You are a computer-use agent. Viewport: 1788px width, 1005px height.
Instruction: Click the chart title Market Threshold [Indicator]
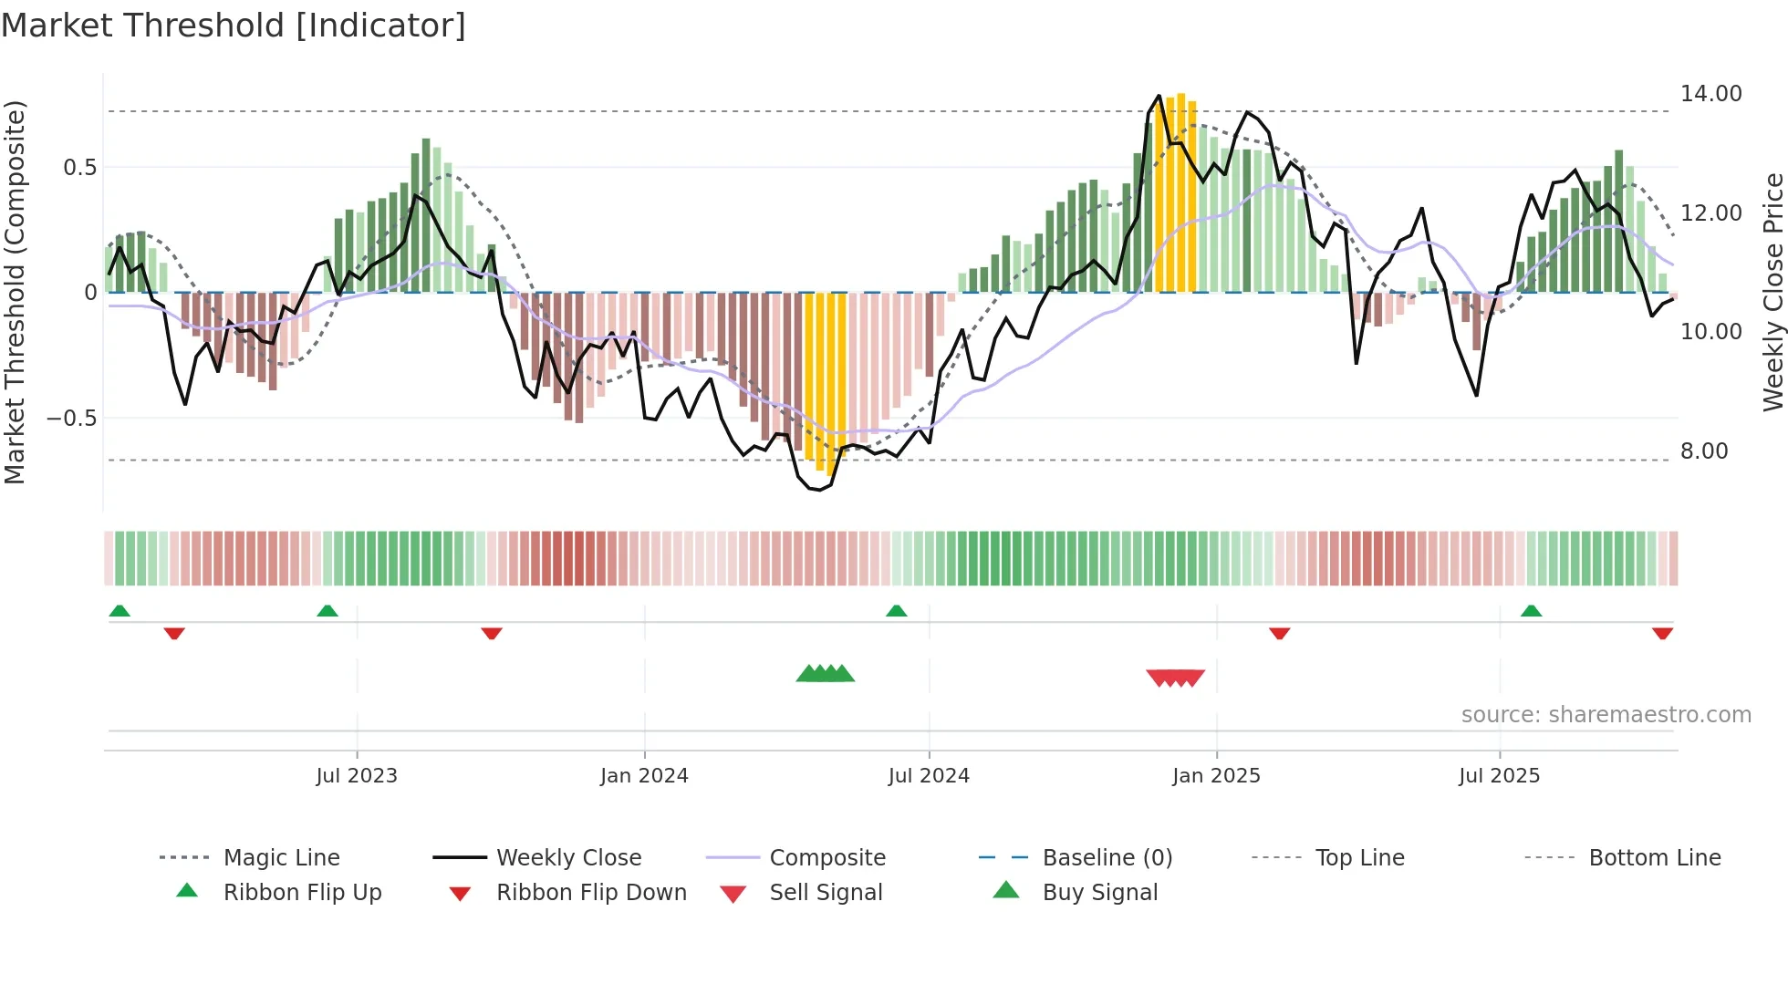coord(234,26)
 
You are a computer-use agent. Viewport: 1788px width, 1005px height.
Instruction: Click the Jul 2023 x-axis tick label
coord(357,776)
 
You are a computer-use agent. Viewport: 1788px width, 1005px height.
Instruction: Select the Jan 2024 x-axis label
coord(644,776)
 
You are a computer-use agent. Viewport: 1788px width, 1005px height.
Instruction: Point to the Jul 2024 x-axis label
coord(929,776)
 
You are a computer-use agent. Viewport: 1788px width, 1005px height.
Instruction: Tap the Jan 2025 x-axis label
coord(1216,776)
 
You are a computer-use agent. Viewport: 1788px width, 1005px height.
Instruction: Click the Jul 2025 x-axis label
coord(1499,776)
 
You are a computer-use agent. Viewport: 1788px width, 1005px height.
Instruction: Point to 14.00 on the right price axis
coord(1710,94)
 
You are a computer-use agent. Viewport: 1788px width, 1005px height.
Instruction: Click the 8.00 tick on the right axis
coord(1704,451)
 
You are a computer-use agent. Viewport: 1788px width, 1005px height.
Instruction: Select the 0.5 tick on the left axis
coord(79,168)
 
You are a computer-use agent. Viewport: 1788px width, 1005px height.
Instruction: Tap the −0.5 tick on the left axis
coord(71,419)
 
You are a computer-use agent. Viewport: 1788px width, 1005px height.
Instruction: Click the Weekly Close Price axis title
coord(1772,292)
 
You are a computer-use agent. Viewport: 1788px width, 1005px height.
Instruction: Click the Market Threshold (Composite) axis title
coord(15,292)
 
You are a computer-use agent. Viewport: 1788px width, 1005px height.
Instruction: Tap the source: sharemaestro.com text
coord(1606,715)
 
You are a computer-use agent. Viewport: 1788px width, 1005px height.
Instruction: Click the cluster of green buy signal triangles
coord(825,674)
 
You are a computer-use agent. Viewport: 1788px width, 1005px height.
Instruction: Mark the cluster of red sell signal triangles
coord(1175,678)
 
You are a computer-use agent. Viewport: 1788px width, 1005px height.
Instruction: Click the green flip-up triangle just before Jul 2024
coord(896,610)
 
